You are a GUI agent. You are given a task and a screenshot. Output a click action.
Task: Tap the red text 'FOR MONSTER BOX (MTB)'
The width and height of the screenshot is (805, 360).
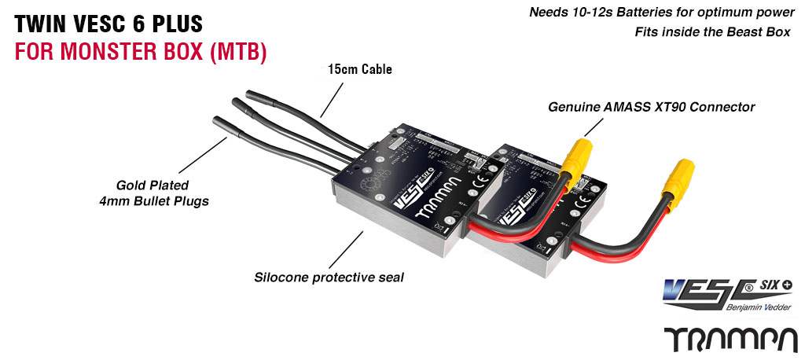[141, 52]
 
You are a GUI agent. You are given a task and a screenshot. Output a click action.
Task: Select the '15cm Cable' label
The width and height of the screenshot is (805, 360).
[359, 70]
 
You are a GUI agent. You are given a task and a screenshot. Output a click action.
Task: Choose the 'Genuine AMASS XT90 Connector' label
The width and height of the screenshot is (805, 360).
[651, 106]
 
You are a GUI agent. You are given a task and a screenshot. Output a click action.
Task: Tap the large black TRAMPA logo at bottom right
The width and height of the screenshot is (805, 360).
[729, 339]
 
